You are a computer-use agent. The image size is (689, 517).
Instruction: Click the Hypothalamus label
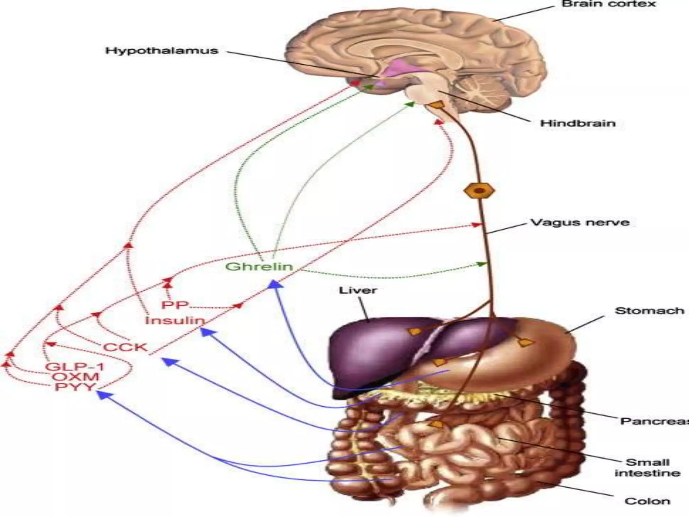pyautogui.click(x=162, y=51)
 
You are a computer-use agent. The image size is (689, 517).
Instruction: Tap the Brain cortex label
pyautogui.click(x=609, y=4)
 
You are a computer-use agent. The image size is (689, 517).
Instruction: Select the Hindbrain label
pyautogui.click(x=578, y=123)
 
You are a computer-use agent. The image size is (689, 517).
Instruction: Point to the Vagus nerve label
pyautogui.click(x=580, y=222)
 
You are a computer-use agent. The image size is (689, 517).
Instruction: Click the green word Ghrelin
pyautogui.click(x=259, y=267)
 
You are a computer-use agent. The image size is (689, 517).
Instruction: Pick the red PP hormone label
pyautogui.click(x=175, y=305)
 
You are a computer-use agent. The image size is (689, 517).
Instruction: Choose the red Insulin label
pyautogui.click(x=175, y=320)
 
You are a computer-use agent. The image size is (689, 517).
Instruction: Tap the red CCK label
pyautogui.click(x=125, y=347)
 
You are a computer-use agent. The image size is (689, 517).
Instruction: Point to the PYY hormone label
pyautogui.click(x=75, y=387)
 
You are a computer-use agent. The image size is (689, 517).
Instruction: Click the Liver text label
pyautogui.click(x=358, y=290)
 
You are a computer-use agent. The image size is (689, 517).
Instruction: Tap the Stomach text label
pyautogui.click(x=649, y=311)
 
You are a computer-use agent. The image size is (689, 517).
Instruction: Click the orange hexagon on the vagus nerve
pyautogui.click(x=479, y=191)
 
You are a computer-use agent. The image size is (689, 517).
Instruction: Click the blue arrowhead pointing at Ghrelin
pyautogui.click(x=276, y=285)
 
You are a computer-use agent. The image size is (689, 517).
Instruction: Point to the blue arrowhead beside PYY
pyautogui.click(x=102, y=394)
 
